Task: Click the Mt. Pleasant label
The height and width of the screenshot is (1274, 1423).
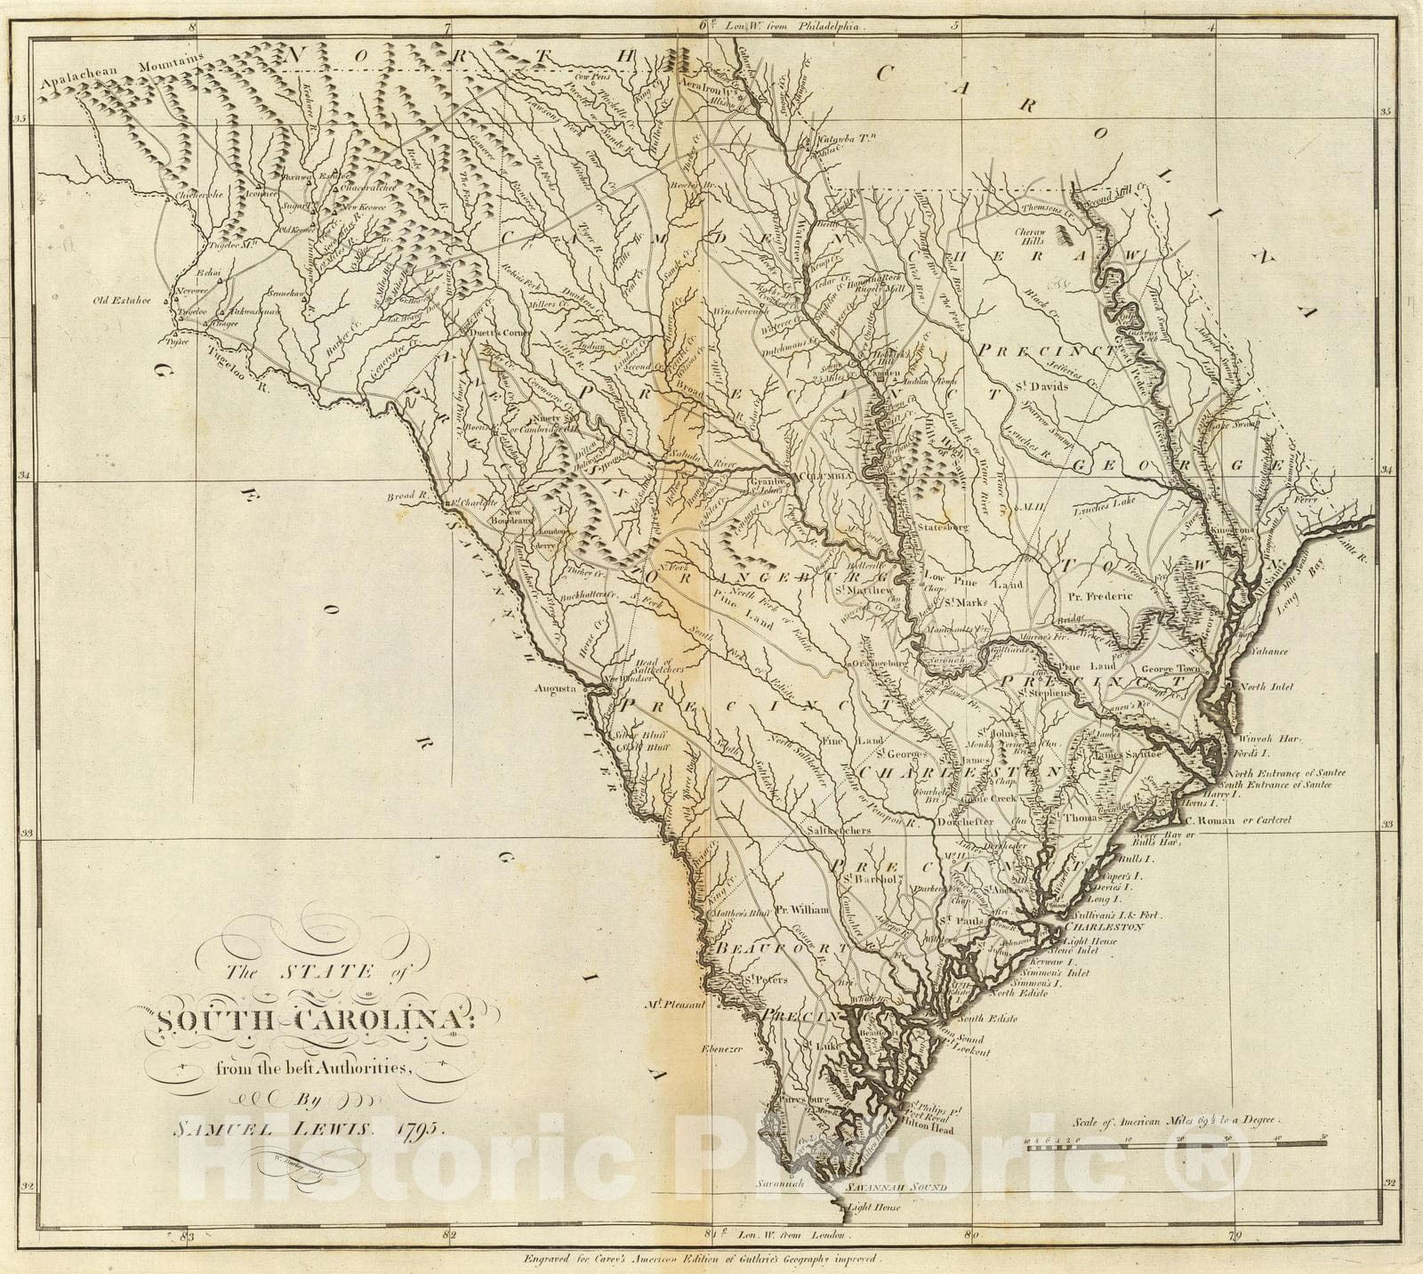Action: [677, 1005]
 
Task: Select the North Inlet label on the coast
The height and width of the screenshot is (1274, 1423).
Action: [1264, 687]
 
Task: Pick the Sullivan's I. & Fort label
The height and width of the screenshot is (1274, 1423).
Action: [1113, 914]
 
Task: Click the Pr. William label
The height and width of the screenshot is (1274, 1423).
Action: [801, 910]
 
